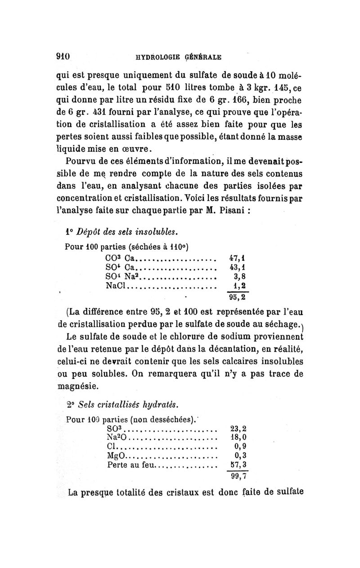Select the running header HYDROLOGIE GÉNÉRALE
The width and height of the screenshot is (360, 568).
pos(179,57)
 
